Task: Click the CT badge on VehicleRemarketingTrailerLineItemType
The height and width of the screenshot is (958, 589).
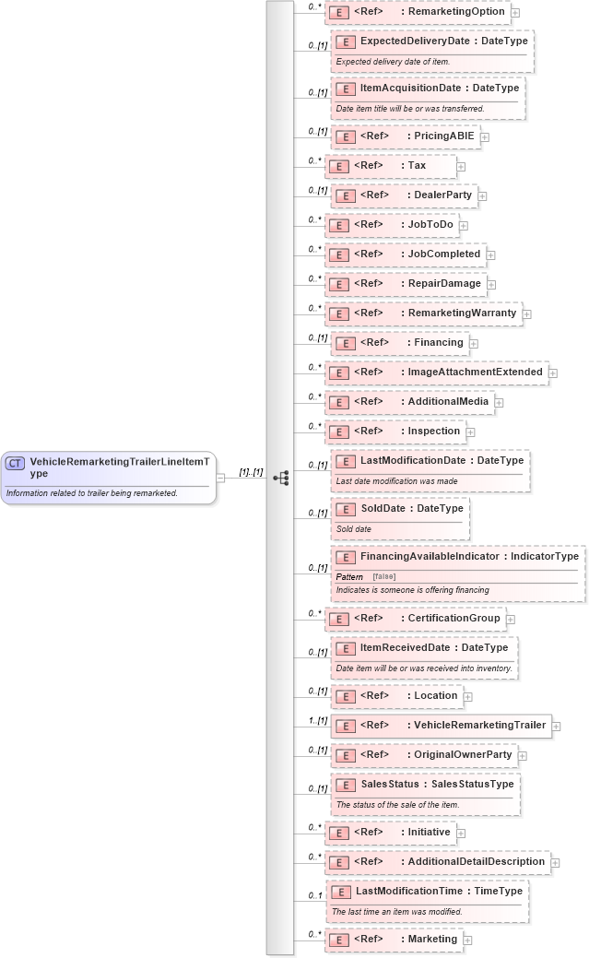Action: tap(16, 464)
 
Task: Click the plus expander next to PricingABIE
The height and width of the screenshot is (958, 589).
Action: tap(485, 137)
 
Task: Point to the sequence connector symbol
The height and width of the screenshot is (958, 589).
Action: tap(281, 478)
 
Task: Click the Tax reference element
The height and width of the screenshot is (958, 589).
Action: tap(391, 166)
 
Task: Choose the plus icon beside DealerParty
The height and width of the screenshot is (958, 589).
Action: tap(482, 196)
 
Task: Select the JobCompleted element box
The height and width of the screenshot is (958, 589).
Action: tap(405, 254)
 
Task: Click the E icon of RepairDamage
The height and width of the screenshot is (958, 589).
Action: tap(338, 284)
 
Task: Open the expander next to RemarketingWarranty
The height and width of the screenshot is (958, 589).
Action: tap(526, 314)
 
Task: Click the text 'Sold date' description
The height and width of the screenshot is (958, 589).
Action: tap(354, 529)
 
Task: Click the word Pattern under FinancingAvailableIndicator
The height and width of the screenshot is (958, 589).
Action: tap(349, 576)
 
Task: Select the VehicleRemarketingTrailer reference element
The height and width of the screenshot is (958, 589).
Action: tap(442, 726)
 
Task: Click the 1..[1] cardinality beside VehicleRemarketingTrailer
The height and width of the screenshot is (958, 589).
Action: tap(317, 720)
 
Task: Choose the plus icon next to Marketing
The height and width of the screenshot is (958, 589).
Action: tap(467, 940)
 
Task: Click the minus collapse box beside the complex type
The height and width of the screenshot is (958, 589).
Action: tap(221, 478)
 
